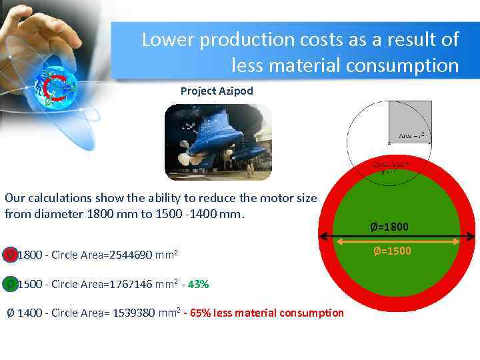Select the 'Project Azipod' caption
tap(217, 91)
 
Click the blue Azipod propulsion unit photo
tap(218, 142)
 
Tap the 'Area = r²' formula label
tap(411, 135)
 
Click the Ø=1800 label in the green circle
tap(390, 227)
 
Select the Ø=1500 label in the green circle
tap(392, 251)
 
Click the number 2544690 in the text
tap(127, 255)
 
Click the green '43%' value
tap(199, 284)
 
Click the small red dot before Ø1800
tap(10, 255)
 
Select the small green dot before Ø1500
tap(10, 284)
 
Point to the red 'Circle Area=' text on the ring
tap(390, 165)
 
